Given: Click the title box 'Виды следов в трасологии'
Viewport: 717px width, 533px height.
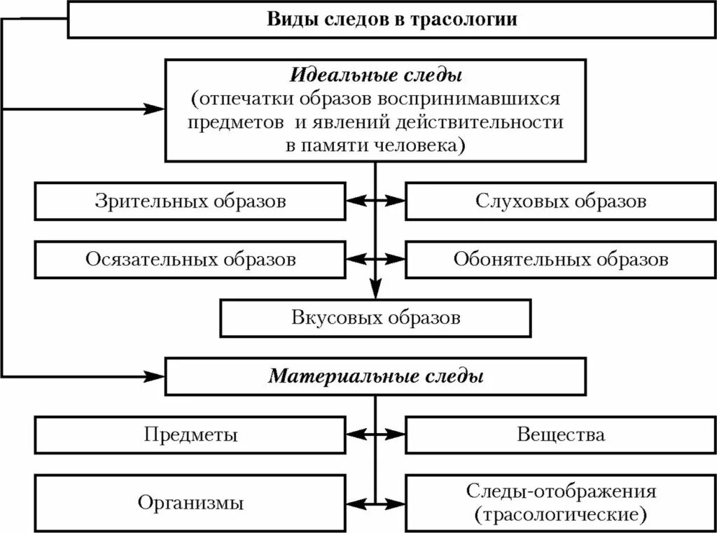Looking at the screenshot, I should coord(392,20).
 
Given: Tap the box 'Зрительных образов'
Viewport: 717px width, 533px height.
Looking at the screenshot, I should coord(190,201).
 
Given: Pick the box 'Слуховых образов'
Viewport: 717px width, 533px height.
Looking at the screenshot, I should coord(560,201).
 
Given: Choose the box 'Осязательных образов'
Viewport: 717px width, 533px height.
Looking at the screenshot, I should coord(190,260).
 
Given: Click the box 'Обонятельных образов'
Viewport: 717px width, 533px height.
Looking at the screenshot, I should coord(560,260).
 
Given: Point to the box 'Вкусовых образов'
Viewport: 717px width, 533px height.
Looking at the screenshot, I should coord(376,318).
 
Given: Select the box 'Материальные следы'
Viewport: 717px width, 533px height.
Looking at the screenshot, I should coord(376,377).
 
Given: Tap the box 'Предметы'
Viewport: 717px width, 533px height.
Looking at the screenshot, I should coord(190,435).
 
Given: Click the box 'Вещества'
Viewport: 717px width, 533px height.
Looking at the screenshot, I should coord(560,435).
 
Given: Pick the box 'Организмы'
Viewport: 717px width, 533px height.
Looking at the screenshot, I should coord(190,502).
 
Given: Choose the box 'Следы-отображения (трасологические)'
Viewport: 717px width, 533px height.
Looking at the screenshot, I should coord(560,502).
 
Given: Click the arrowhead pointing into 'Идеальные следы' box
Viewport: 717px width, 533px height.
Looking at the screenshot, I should coord(155,108).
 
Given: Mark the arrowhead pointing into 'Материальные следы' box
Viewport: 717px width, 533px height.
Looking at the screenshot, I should coord(155,377).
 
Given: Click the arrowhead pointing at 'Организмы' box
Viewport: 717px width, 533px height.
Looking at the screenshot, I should coord(354,502).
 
